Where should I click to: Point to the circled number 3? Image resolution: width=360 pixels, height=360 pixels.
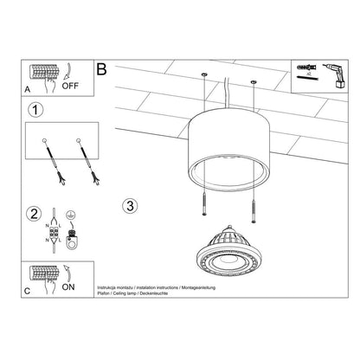(x=130, y=206)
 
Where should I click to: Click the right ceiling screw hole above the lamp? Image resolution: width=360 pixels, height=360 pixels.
(x=254, y=83)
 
